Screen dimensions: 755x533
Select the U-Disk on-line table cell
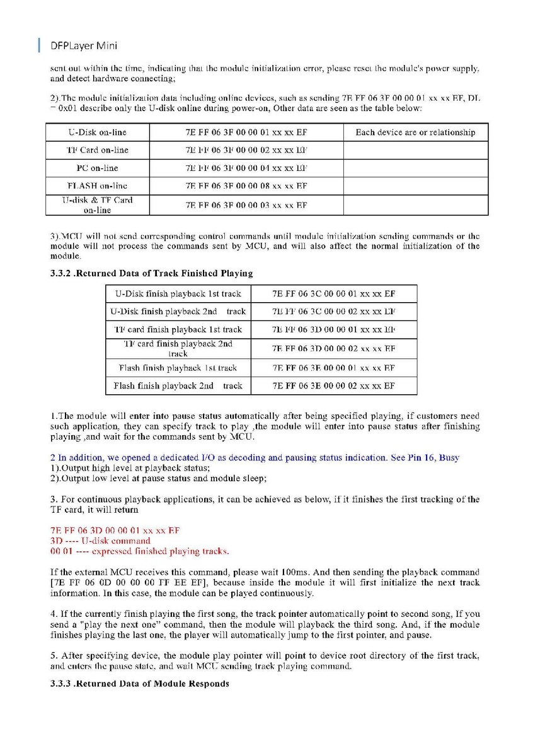[97, 132]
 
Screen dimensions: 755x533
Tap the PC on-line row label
[97, 168]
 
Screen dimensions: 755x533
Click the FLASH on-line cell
[97, 186]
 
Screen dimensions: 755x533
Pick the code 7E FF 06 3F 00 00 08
[246, 186]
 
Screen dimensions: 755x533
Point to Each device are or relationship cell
[415, 132]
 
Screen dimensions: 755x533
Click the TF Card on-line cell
[97, 150]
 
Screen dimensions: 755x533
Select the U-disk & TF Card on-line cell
[97, 205]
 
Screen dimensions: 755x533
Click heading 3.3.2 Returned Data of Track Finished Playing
[151, 273]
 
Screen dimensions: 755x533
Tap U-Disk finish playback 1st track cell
[178, 294]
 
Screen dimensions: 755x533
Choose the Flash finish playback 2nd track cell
[178, 385]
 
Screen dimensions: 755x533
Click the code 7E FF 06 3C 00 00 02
[333, 312]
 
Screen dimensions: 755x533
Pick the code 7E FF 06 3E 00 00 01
[333, 367]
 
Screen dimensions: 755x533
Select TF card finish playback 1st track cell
[178, 329]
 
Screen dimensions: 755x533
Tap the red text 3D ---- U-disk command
[100, 541]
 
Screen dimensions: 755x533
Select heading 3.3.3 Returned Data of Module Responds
[140, 684]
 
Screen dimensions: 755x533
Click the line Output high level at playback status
[130, 468]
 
